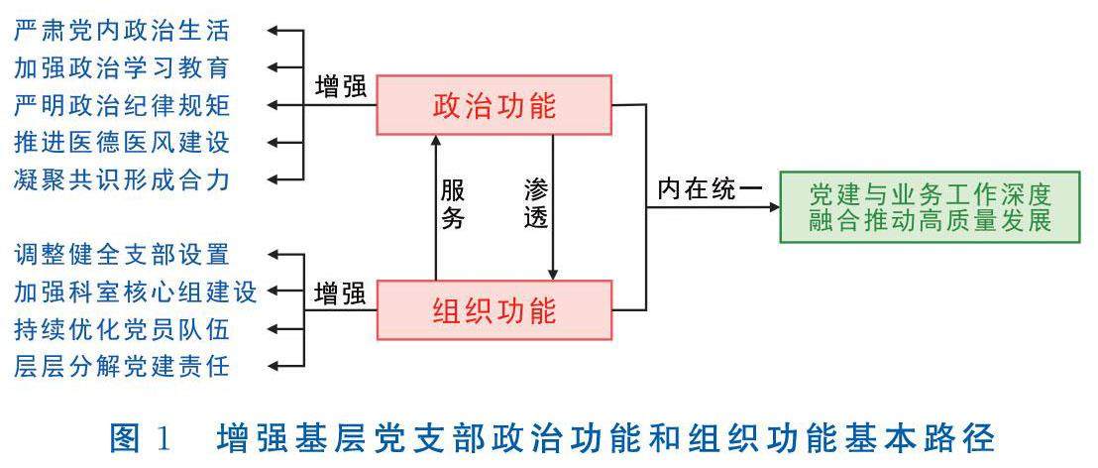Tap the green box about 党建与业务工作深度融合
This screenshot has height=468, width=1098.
[x=930, y=206]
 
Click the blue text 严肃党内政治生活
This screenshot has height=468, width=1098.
[x=122, y=30]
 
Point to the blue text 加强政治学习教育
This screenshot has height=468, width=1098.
[x=122, y=67]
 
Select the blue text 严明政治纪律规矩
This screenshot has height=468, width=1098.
[x=122, y=104]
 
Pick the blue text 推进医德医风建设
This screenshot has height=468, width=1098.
[x=122, y=142]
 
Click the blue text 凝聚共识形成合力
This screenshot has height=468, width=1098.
[x=122, y=179]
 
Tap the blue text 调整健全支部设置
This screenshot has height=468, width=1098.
[x=122, y=254]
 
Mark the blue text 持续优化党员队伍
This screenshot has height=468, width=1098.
[x=122, y=328]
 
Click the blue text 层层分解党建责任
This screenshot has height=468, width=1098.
[x=122, y=366]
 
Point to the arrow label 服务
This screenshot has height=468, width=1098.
[x=452, y=203]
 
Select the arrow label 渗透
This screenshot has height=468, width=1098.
[x=535, y=203]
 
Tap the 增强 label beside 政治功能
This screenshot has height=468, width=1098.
[x=340, y=86]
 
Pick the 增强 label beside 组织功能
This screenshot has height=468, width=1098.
[x=340, y=292]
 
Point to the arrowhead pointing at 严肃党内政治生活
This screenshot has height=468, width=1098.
[x=277, y=31]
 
